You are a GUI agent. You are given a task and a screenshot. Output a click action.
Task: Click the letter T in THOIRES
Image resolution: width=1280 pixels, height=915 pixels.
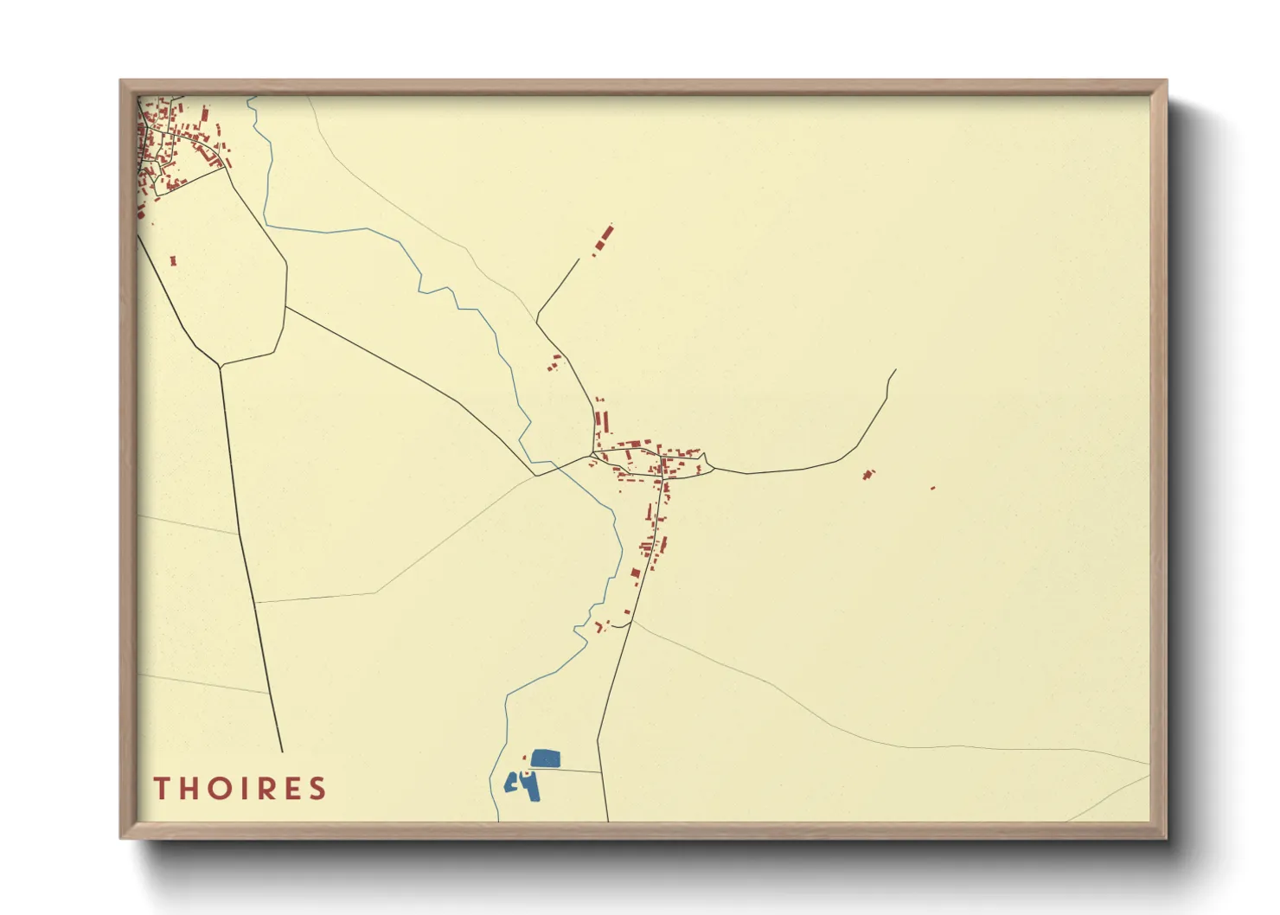click(161, 788)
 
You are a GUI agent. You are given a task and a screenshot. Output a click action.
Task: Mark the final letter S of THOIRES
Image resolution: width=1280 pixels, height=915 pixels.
click(319, 788)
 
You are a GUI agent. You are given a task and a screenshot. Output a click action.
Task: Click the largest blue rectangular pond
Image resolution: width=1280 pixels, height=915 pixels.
click(546, 759)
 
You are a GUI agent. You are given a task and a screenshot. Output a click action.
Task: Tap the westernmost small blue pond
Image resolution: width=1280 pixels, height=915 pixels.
click(510, 783)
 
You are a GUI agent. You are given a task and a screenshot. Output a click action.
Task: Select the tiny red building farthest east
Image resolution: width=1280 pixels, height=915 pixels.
click(932, 488)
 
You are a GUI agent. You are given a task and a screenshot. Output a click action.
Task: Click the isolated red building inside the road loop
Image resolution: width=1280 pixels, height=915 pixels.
click(173, 259)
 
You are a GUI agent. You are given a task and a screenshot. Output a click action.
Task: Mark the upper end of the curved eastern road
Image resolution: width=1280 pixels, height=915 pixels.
click(895, 370)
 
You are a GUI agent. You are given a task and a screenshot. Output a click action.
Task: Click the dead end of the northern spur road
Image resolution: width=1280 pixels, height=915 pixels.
click(579, 259)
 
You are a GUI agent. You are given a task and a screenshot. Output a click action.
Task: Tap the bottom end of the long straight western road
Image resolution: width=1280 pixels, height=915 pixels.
click(282, 751)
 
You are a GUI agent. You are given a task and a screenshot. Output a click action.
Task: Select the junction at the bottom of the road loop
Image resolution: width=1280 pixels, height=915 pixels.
click(221, 365)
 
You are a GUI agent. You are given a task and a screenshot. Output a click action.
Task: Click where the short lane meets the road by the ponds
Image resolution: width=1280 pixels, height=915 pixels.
click(600, 772)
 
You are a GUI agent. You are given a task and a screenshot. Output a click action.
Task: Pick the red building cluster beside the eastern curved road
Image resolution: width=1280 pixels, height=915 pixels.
click(868, 474)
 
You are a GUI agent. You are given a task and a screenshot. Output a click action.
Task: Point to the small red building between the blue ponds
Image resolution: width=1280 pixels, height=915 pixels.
click(525, 772)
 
